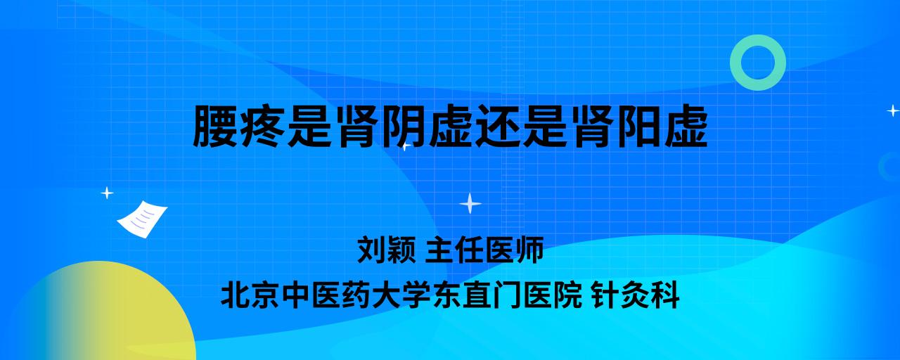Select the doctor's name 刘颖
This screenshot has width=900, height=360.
click(x=387, y=250)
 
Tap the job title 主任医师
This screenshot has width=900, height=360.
click(x=484, y=250)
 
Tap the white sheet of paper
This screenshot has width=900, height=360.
click(x=142, y=219)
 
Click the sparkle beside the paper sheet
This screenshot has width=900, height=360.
click(x=107, y=193)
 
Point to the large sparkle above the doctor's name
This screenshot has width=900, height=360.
click(x=470, y=204)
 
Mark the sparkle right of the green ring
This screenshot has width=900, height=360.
click(x=893, y=110)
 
